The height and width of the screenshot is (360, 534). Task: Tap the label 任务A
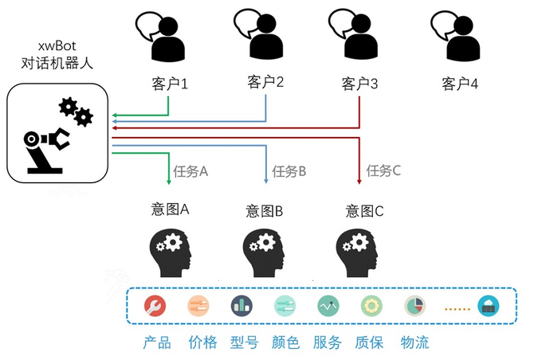(192, 170)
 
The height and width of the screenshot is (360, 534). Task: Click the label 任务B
(289, 170)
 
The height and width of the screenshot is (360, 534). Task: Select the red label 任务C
(383, 170)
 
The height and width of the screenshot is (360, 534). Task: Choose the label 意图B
(265, 211)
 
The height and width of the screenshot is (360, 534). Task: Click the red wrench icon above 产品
(155, 305)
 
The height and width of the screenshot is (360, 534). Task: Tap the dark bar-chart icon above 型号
(241, 305)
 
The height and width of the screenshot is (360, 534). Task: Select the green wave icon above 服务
(328, 305)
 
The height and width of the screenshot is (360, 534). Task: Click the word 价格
(202, 342)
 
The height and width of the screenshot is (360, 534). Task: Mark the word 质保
(370, 342)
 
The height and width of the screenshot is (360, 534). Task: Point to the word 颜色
(285, 342)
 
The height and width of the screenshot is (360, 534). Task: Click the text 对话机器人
(59, 63)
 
